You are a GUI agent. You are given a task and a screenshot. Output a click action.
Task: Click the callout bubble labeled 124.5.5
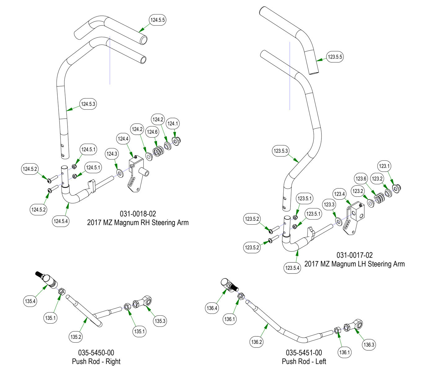click(158, 20)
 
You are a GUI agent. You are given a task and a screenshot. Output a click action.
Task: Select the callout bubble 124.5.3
click(88, 104)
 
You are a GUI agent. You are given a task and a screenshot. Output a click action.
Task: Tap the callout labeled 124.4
click(123, 139)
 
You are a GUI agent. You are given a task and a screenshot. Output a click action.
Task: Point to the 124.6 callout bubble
click(152, 132)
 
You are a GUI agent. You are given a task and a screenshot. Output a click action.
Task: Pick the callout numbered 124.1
click(173, 124)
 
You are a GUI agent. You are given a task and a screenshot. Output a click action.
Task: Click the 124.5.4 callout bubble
click(61, 221)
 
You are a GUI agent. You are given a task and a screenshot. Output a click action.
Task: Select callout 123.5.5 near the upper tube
click(335, 57)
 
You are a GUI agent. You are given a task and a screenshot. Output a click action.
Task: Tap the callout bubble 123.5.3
click(281, 151)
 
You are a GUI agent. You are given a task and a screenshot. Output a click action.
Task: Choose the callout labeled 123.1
click(384, 166)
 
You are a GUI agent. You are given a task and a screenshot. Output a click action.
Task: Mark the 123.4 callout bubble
click(339, 194)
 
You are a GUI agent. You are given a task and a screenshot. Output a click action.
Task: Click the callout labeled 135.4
click(30, 301)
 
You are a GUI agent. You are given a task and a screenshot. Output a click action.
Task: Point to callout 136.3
click(369, 344)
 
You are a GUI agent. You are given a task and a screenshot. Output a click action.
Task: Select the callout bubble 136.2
click(257, 342)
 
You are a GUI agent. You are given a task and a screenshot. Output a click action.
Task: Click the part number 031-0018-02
click(138, 214)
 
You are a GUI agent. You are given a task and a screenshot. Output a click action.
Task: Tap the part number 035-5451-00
click(304, 353)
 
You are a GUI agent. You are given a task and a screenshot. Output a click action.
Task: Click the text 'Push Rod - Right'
click(96, 361)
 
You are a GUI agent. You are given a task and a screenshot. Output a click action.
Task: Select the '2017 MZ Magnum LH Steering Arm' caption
click(354, 264)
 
